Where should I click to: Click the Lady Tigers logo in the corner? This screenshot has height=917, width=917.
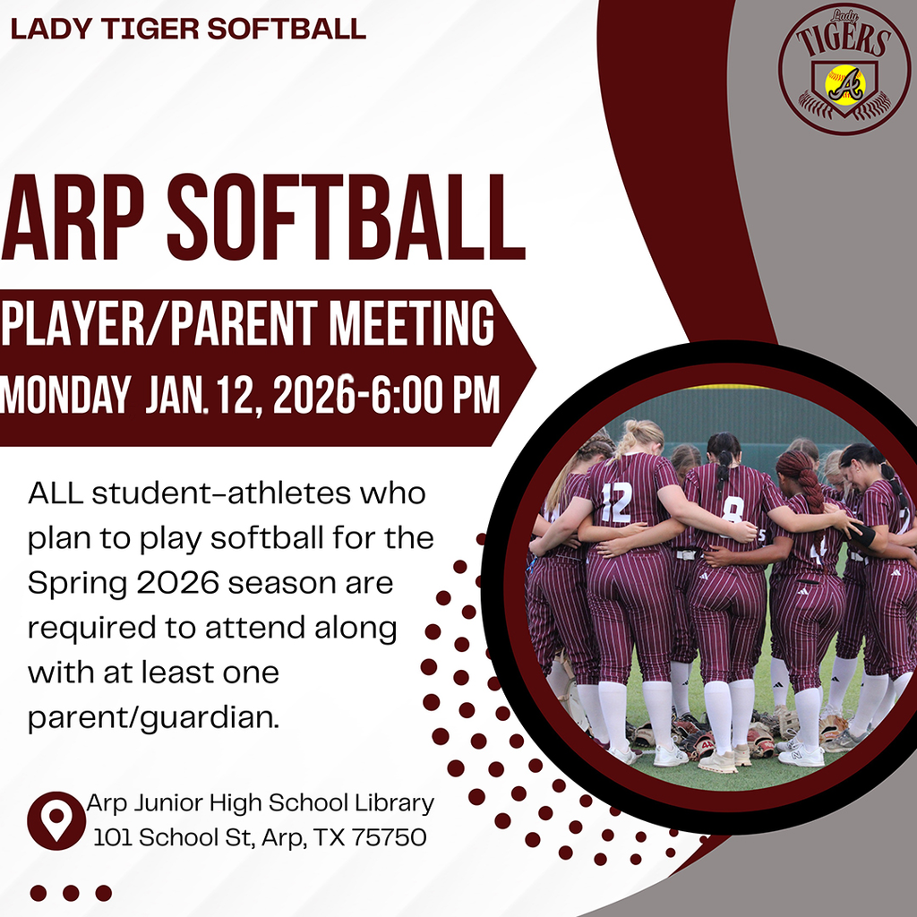point(844,69)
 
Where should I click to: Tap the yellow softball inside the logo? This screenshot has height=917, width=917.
point(845,84)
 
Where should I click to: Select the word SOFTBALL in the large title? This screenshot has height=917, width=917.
point(345,218)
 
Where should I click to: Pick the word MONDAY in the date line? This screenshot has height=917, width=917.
point(65,395)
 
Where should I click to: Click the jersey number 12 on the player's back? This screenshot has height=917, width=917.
point(616,501)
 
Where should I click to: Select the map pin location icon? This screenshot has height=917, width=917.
point(56,819)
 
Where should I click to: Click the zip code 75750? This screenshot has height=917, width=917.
point(389,838)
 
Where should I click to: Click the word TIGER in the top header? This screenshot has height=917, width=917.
point(148,29)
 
